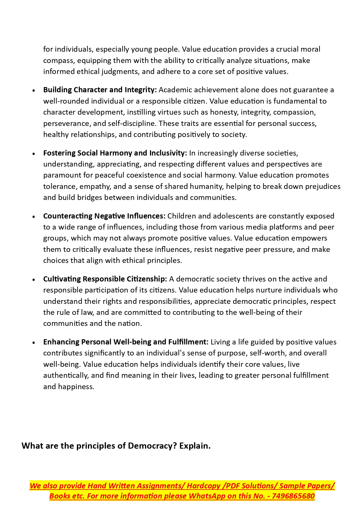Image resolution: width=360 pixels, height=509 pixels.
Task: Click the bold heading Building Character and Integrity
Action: click(x=100, y=90)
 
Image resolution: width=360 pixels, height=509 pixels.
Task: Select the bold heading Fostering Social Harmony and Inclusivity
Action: click(x=115, y=153)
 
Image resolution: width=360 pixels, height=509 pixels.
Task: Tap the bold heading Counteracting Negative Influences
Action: click(x=104, y=216)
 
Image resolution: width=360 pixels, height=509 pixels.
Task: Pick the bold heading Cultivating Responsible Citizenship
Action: click(x=105, y=279)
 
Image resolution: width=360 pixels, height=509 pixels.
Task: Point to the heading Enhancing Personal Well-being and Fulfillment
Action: click(x=126, y=342)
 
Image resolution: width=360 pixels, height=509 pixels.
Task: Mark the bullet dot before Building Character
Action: click(x=34, y=91)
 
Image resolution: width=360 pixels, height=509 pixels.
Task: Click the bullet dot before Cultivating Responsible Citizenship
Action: click(x=34, y=279)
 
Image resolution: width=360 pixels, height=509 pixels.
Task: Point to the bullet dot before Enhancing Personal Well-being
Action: click(x=34, y=342)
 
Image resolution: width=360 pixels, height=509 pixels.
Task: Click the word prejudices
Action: click(x=323, y=186)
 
